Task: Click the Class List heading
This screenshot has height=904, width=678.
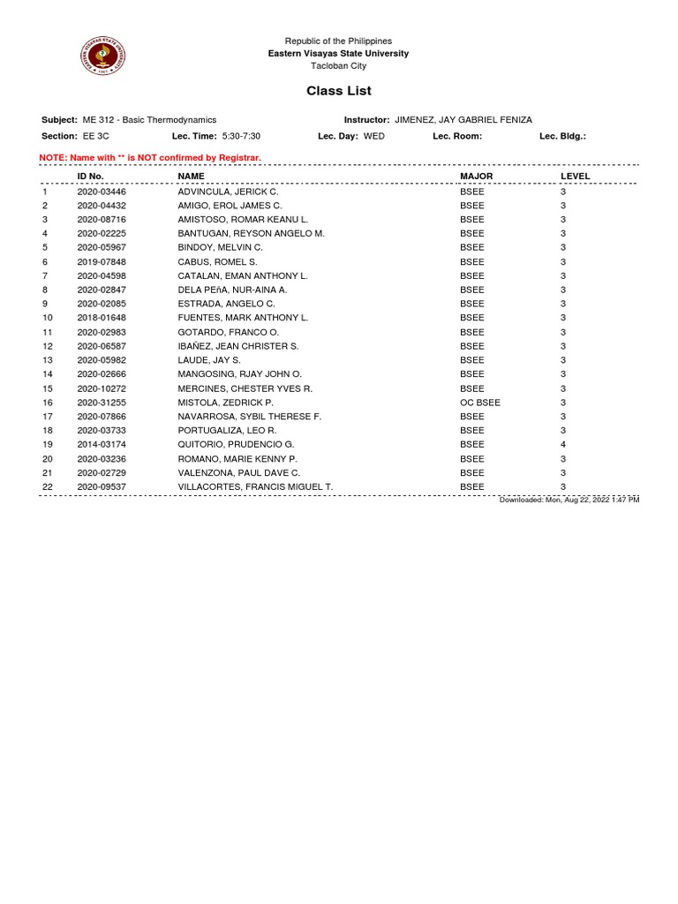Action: point(338,91)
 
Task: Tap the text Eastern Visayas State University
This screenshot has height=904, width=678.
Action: point(338,54)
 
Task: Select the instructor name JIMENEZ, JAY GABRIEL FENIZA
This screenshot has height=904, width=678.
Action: point(463,120)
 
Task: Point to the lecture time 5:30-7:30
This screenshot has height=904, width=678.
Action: point(241,137)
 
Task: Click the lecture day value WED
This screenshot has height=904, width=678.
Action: point(374,137)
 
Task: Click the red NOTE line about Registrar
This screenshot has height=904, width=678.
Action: point(150,157)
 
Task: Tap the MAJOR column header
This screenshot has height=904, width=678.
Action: point(476,177)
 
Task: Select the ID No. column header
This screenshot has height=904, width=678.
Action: point(91,177)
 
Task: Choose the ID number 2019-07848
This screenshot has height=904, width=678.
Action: point(102,261)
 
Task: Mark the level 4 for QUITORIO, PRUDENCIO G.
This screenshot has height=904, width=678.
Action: point(563,444)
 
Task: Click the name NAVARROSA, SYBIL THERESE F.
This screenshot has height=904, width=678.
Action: point(249,416)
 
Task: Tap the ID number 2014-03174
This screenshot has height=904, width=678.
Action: point(102,444)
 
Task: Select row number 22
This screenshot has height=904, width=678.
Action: point(48,486)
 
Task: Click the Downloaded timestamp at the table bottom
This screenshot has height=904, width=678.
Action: point(569,500)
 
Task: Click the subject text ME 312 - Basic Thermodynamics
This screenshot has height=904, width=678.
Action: point(149,120)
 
